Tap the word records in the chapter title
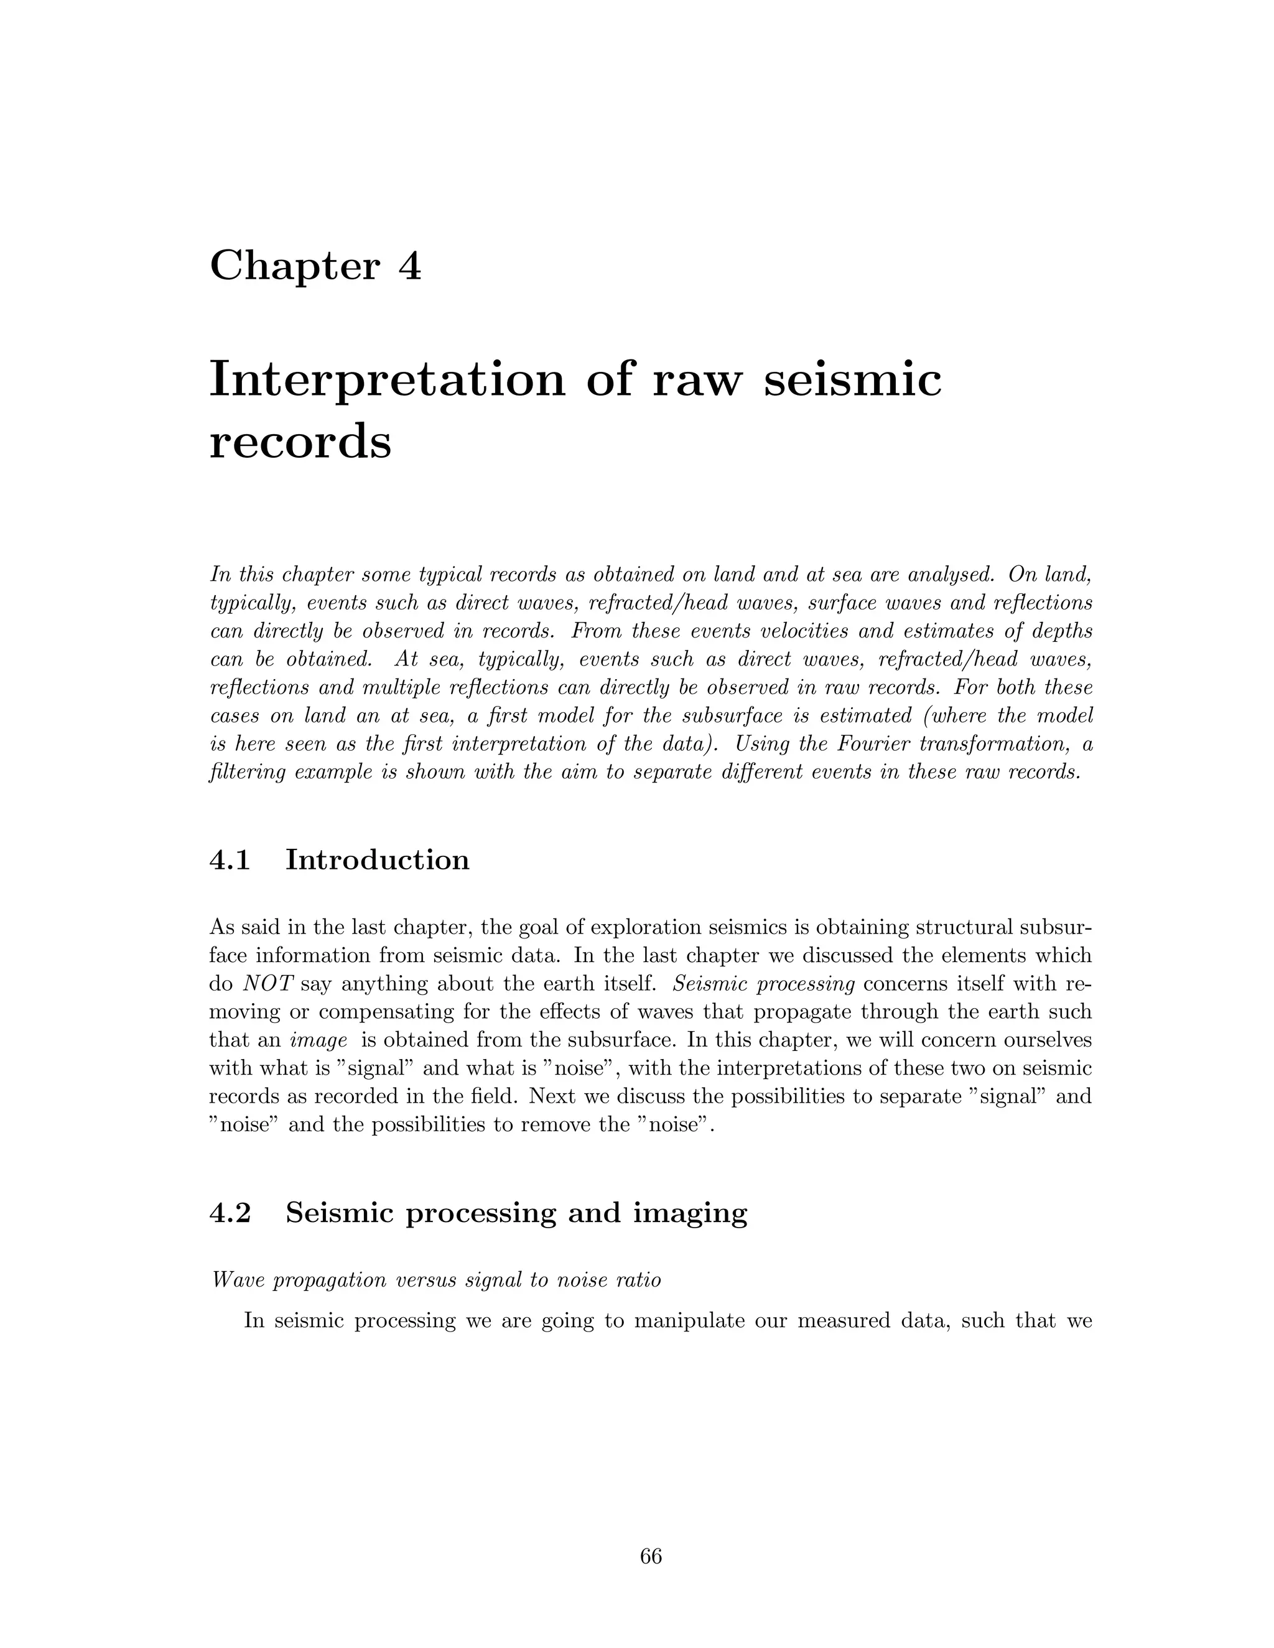[x=300, y=442]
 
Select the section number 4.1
[x=230, y=859]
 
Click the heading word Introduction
[x=378, y=859]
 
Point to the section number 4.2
[x=230, y=1213]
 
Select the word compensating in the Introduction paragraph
[x=386, y=1012]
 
